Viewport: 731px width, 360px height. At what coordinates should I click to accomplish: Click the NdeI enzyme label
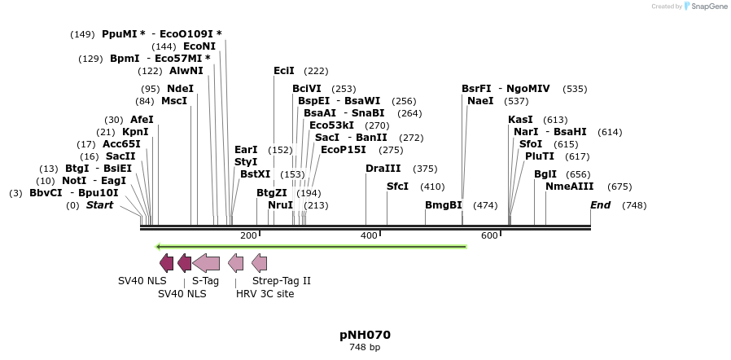[x=180, y=89]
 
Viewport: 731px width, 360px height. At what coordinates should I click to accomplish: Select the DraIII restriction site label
[x=383, y=169]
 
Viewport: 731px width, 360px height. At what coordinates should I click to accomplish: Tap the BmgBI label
[x=444, y=205]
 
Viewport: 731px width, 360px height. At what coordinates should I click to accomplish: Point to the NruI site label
[x=280, y=205]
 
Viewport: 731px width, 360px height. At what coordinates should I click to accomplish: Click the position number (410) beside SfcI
[x=432, y=187]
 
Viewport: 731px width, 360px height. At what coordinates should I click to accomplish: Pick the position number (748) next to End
[x=634, y=205]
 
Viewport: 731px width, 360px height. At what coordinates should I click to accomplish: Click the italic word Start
[x=99, y=205]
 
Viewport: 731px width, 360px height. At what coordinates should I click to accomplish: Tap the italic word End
[x=601, y=205]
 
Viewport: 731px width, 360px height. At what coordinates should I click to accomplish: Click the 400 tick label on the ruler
[x=369, y=236]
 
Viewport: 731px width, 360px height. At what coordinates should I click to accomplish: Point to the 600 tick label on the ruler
[x=489, y=236]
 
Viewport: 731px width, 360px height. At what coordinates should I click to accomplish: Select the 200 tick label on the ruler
[x=248, y=236]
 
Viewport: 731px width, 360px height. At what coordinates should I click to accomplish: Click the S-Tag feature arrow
[x=206, y=263]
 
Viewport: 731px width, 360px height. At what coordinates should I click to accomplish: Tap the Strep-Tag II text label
[x=282, y=281]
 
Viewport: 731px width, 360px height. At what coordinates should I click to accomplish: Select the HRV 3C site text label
[x=265, y=294]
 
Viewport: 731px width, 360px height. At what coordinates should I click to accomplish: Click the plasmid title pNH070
[x=365, y=335]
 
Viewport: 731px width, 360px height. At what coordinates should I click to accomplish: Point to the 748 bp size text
[x=365, y=348]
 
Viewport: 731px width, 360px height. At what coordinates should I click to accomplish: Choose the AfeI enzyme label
[x=142, y=120]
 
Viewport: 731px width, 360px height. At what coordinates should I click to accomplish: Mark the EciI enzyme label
[x=284, y=70]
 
